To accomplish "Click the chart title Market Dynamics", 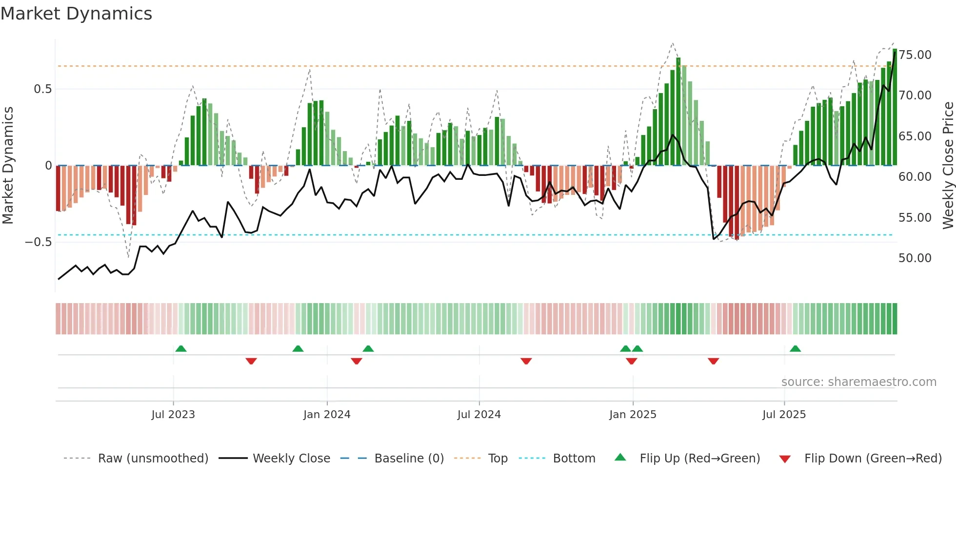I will point(76,14).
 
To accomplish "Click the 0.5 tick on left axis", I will point(42,89).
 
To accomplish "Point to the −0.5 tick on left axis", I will point(38,242).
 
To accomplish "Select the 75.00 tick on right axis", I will point(915,55).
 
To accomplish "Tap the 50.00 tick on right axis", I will point(915,258).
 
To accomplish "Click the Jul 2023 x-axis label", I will point(173,415).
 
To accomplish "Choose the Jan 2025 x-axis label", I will point(633,415).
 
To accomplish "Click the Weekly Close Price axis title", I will point(948,166).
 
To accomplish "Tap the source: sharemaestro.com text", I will point(858,382).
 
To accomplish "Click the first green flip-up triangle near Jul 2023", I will point(181,349).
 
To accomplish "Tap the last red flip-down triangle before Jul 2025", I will point(714,361).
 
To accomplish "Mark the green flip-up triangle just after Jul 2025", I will point(796,349).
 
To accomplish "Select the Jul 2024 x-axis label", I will point(479,415).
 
